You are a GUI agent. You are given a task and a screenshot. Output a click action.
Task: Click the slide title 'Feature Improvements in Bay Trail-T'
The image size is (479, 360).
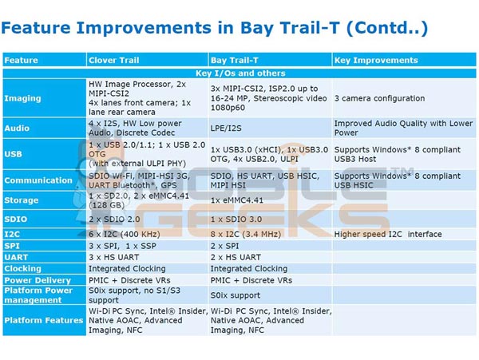(215, 30)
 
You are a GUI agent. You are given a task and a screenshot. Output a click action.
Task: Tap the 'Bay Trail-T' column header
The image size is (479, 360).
(234, 60)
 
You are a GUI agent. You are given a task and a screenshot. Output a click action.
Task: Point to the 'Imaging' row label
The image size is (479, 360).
(23, 98)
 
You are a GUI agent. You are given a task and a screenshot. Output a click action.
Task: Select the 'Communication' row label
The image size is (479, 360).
(39, 180)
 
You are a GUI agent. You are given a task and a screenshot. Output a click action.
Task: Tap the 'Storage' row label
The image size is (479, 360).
(22, 200)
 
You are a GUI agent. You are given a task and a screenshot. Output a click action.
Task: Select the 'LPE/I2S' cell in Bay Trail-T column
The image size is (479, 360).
(228, 128)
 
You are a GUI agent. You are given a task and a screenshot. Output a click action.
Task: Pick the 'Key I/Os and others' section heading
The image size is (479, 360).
(239, 72)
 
